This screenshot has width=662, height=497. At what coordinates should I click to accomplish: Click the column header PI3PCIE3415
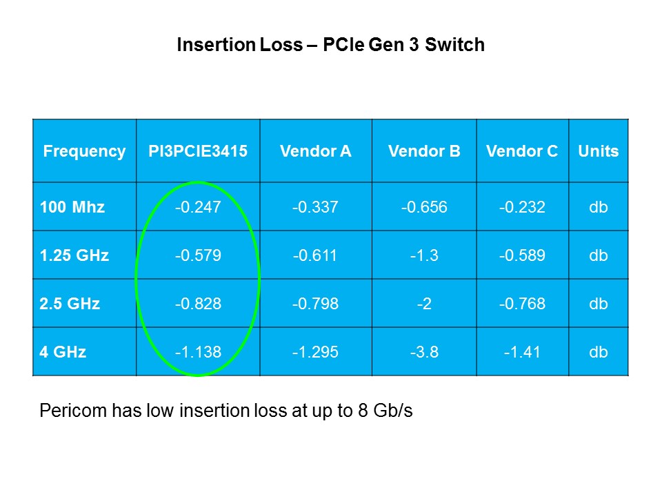(x=198, y=152)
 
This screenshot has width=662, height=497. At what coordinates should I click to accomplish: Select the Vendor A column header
(x=315, y=152)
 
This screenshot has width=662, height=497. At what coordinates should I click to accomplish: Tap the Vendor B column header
(x=424, y=152)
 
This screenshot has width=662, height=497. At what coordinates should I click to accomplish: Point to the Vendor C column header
(x=522, y=152)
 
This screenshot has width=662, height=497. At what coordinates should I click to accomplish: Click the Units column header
(x=599, y=152)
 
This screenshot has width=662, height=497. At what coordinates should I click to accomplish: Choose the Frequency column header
(x=84, y=152)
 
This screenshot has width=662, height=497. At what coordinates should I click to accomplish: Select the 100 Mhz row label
(x=72, y=206)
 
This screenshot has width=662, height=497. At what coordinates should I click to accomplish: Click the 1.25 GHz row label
(x=74, y=255)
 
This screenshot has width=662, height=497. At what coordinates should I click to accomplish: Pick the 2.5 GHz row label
(x=70, y=303)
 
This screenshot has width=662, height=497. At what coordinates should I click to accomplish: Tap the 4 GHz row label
(x=63, y=351)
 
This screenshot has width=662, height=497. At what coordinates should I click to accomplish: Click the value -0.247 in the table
(x=198, y=206)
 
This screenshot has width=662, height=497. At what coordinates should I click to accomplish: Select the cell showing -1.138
(x=198, y=351)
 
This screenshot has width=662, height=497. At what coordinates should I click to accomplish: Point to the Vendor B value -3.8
(x=424, y=351)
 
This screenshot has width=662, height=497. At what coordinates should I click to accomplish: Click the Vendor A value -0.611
(x=315, y=255)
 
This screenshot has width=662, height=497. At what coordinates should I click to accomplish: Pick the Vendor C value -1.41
(x=522, y=351)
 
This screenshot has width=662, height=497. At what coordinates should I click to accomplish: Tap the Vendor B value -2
(x=424, y=303)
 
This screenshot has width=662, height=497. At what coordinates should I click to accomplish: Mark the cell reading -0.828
(x=198, y=303)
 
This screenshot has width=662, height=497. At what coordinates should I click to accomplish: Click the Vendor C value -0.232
(x=522, y=206)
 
